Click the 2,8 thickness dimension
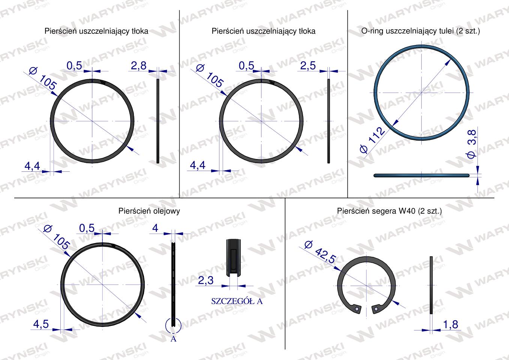tap(139, 66)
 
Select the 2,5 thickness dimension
tap(308, 66)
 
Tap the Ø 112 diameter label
tap(372, 140)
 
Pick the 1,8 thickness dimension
tap(450, 325)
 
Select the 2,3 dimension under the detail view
tap(206, 280)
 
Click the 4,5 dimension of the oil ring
tap(41, 324)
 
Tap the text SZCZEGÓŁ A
tap(237, 301)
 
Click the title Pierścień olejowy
tap(149, 211)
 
